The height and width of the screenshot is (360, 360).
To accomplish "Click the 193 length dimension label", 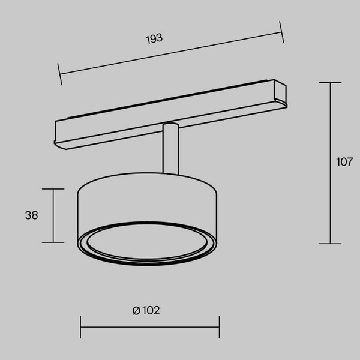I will point(155,38).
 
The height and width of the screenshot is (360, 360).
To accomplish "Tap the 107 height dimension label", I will point(344,161).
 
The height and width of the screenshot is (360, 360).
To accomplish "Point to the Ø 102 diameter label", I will point(146,310).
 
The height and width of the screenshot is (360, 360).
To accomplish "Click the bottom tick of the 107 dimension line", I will point(330,243).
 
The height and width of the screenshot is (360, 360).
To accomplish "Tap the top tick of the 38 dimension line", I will point(53,189).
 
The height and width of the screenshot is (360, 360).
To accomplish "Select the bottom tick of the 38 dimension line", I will point(53,242).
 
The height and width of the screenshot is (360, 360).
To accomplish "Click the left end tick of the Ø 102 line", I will point(81,327).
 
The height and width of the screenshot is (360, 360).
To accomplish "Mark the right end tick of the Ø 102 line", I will point(219,327).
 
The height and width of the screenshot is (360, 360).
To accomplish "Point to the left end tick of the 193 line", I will point(59,74).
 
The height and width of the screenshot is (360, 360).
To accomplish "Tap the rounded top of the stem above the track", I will point(170,125).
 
